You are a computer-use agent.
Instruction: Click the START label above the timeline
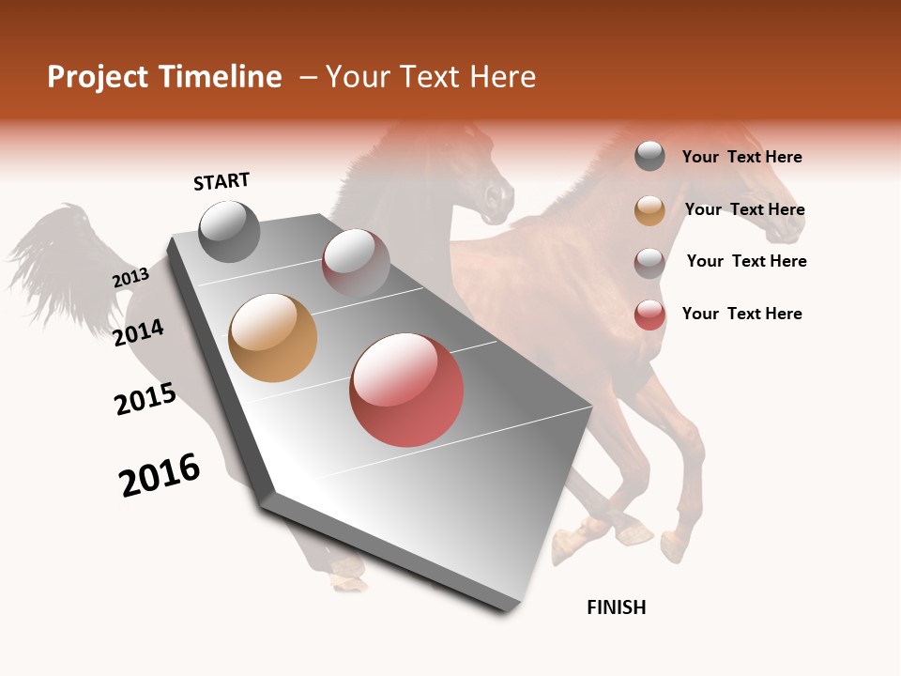coord(221,181)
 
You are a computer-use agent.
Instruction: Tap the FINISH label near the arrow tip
coord(616,607)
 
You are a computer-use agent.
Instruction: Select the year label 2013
coord(130,278)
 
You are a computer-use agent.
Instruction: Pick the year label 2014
coord(138,332)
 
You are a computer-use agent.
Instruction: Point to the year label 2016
coord(160,475)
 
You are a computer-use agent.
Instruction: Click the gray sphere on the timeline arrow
coord(229,231)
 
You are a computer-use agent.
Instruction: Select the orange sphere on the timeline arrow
coord(272,338)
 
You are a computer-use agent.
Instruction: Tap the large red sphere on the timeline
coord(406,390)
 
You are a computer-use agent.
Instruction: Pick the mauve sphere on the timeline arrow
coord(356,262)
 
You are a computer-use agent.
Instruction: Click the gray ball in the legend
coord(649,156)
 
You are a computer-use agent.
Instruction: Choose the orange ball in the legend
coord(649,210)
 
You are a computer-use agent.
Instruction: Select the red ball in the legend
coord(649,315)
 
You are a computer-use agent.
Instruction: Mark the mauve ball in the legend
coord(649,262)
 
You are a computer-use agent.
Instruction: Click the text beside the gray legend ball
coord(741,157)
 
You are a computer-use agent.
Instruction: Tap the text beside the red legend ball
coord(741,314)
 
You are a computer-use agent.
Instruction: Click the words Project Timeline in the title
coord(164,77)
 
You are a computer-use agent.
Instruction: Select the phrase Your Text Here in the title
coord(431,77)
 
